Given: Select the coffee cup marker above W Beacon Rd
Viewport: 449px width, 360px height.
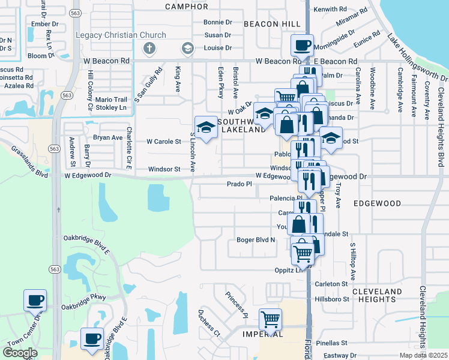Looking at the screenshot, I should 302,44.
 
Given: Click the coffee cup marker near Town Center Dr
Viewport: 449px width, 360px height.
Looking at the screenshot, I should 35,299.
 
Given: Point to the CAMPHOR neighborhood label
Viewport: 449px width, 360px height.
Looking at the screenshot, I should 186,7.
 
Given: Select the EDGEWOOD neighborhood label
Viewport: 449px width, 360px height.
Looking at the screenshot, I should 377,203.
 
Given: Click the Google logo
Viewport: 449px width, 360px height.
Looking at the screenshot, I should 20,353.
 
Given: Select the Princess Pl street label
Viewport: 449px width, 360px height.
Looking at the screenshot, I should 237,304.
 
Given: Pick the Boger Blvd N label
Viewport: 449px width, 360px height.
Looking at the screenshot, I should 255,240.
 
